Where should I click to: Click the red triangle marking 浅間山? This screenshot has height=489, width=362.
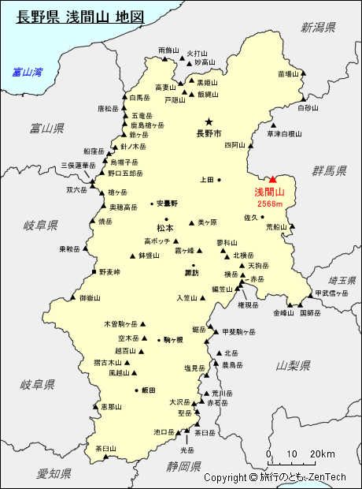(x=272, y=181)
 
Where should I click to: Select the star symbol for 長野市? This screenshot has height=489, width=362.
(x=209, y=121)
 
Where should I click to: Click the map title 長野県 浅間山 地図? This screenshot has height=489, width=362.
(x=79, y=16)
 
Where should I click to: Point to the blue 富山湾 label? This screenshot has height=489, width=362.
(x=27, y=73)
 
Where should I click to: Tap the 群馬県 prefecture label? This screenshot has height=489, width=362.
(x=329, y=170)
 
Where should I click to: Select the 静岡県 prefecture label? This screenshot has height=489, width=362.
(x=183, y=466)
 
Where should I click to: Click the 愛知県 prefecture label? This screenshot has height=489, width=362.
(x=54, y=473)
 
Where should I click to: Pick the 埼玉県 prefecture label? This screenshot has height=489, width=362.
(x=342, y=281)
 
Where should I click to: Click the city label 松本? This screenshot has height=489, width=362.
(x=165, y=228)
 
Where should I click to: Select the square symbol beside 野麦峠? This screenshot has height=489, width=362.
(x=94, y=272)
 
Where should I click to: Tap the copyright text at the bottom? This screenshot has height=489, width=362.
(x=275, y=477)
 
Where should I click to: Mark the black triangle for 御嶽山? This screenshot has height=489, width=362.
(x=73, y=298)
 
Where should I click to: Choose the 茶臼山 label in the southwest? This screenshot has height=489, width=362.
(x=105, y=448)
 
